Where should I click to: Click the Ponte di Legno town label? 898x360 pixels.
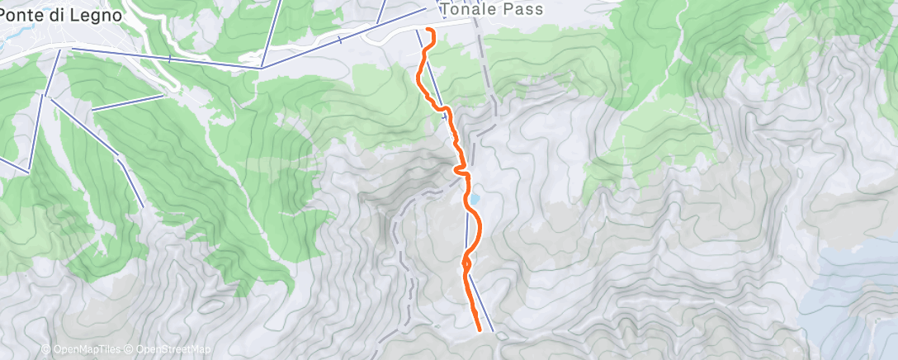pos(63,15)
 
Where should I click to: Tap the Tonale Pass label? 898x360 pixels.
pos(493,9)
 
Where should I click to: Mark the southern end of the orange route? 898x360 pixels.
pos(480,329)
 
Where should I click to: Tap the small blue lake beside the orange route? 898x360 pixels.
pos(476,199)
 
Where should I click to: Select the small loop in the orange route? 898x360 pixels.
pos(466,263)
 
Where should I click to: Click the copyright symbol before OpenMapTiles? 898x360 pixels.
pos(46,349)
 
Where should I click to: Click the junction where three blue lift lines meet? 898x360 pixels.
pos(262,67)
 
